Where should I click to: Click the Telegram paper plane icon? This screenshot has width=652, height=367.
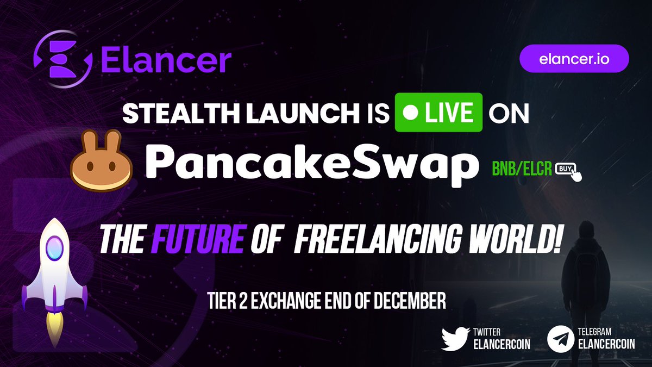(561, 337)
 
